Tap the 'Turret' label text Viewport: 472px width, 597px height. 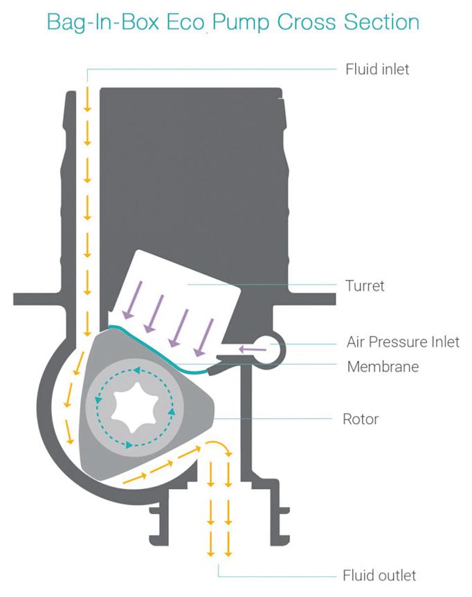coord(364,285)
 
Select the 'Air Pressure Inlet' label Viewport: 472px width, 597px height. coord(403,343)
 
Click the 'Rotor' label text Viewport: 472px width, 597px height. coord(361,419)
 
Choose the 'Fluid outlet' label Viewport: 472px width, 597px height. coord(379,576)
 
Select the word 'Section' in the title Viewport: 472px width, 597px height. coord(383,22)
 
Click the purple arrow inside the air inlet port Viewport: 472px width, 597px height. coord(253,348)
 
